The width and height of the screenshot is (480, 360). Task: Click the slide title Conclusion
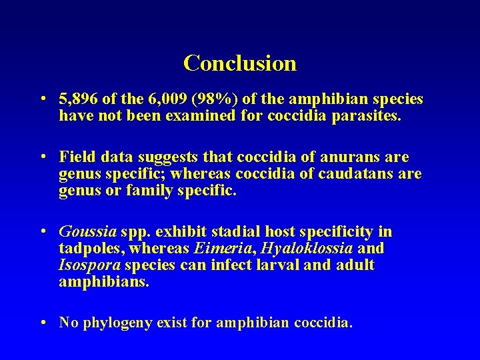[x=240, y=63]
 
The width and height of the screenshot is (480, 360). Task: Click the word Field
[x=75, y=157]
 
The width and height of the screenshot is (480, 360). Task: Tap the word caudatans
[x=359, y=174]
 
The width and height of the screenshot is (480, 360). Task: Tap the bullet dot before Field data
[x=43, y=157]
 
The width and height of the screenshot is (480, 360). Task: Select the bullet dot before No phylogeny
[x=43, y=323]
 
